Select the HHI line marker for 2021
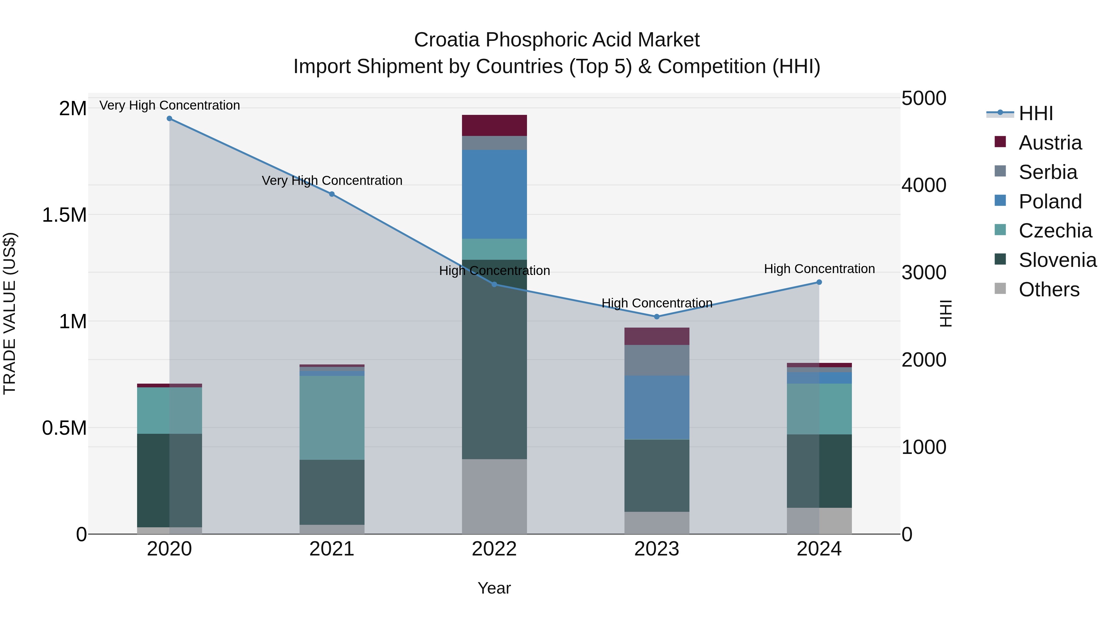pos(332,194)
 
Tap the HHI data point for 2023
pos(656,317)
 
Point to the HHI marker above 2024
pos(819,282)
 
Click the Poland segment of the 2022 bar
pos(494,194)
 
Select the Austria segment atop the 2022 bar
pos(494,125)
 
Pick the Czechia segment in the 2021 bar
pos(332,418)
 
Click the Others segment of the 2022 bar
pos(494,496)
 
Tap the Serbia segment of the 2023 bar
pos(656,360)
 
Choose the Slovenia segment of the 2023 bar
pos(656,476)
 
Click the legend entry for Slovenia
pos(1057,260)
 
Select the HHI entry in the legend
pos(1036,113)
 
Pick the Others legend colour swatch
pos(1000,289)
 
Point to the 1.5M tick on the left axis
pos(64,215)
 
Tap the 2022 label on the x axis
pos(494,549)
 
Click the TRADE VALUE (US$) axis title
pos(10,313)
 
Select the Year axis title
pos(494,588)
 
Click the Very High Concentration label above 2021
pos(332,181)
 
